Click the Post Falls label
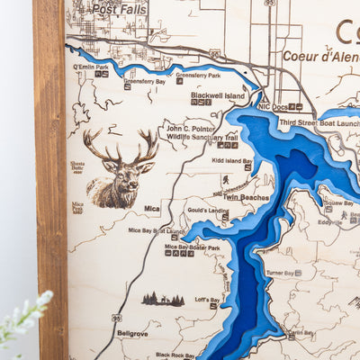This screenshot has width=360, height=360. coord(119,8)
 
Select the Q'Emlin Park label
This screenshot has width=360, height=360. coord(91,67)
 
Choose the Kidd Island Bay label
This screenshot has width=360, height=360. coord(231,160)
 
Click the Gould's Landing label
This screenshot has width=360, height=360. coord(206,210)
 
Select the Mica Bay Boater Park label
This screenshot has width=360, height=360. coord(192,247)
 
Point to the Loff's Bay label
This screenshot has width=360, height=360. coord(208,300)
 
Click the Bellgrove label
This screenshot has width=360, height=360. coord(132,333)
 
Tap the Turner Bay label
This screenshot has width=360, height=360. coord(281,273)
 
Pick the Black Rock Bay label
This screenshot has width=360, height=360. coord(175,355)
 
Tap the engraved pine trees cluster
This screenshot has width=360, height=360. coord(162,299)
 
